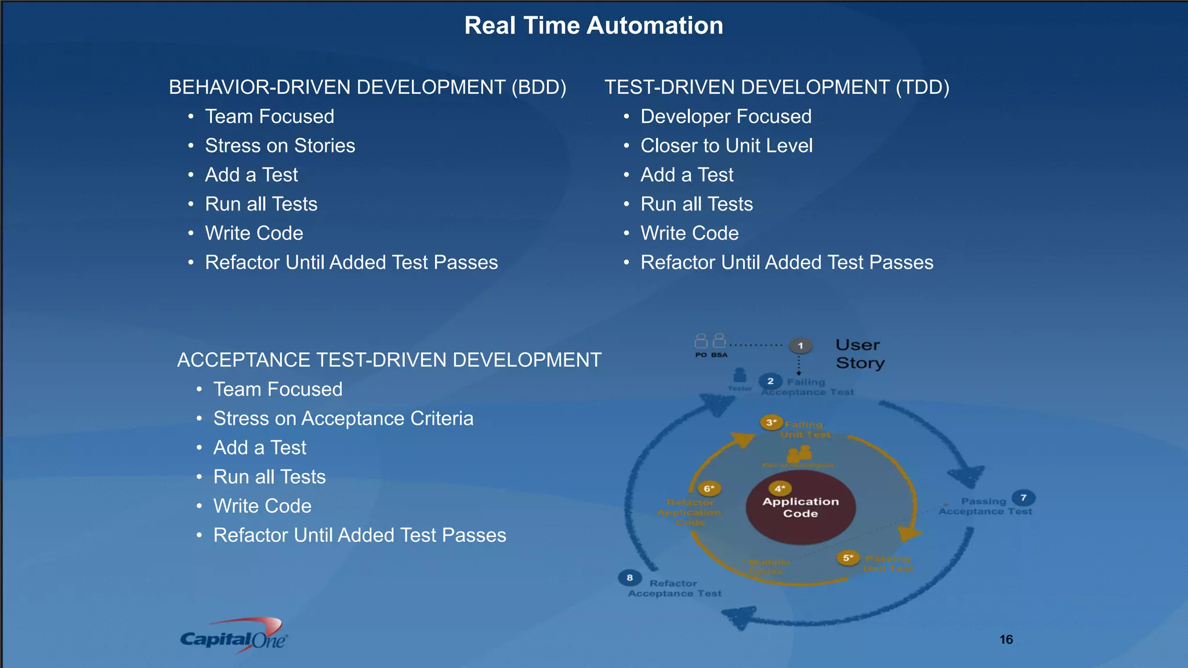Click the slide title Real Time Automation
click(593, 26)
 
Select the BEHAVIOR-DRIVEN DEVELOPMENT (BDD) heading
click(367, 87)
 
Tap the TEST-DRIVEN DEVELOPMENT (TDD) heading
click(777, 87)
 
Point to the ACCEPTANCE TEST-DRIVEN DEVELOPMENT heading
click(389, 360)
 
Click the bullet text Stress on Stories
click(280, 146)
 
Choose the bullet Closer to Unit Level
click(726, 146)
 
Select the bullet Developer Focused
click(726, 117)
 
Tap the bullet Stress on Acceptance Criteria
click(343, 418)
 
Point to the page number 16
click(1006, 639)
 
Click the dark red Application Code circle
click(801, 508)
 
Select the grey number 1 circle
click(801, 346)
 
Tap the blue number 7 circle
click(1023, 498)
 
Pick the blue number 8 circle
click(629, 578)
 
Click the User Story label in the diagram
click(860, 354)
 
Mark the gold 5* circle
click(848, 558)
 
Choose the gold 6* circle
click(709, 488)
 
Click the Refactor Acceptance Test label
click(674, 588)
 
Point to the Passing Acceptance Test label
click(985, 506)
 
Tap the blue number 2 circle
click(770, 381)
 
